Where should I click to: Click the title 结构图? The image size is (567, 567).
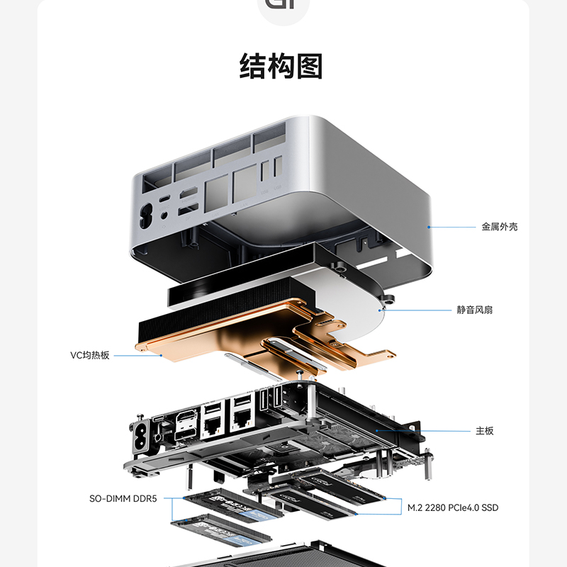click(281, 67)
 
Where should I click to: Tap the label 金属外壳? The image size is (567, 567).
click(499, 227)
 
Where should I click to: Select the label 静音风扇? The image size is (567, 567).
click(475, 310)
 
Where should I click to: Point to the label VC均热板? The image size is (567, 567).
click(90, 355)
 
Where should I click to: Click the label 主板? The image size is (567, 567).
click(484, 430)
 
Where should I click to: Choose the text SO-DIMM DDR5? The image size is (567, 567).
click(125, 498)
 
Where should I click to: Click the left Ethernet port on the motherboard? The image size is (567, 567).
click(210, 423)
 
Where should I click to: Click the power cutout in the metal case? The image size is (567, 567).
click(148, 213)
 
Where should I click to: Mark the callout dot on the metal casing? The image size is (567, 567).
click(428, 227)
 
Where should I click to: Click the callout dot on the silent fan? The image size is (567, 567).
click(381, 310)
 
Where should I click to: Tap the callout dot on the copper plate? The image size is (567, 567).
click(162, 355)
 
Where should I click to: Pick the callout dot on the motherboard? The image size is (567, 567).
click(376, 430)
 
